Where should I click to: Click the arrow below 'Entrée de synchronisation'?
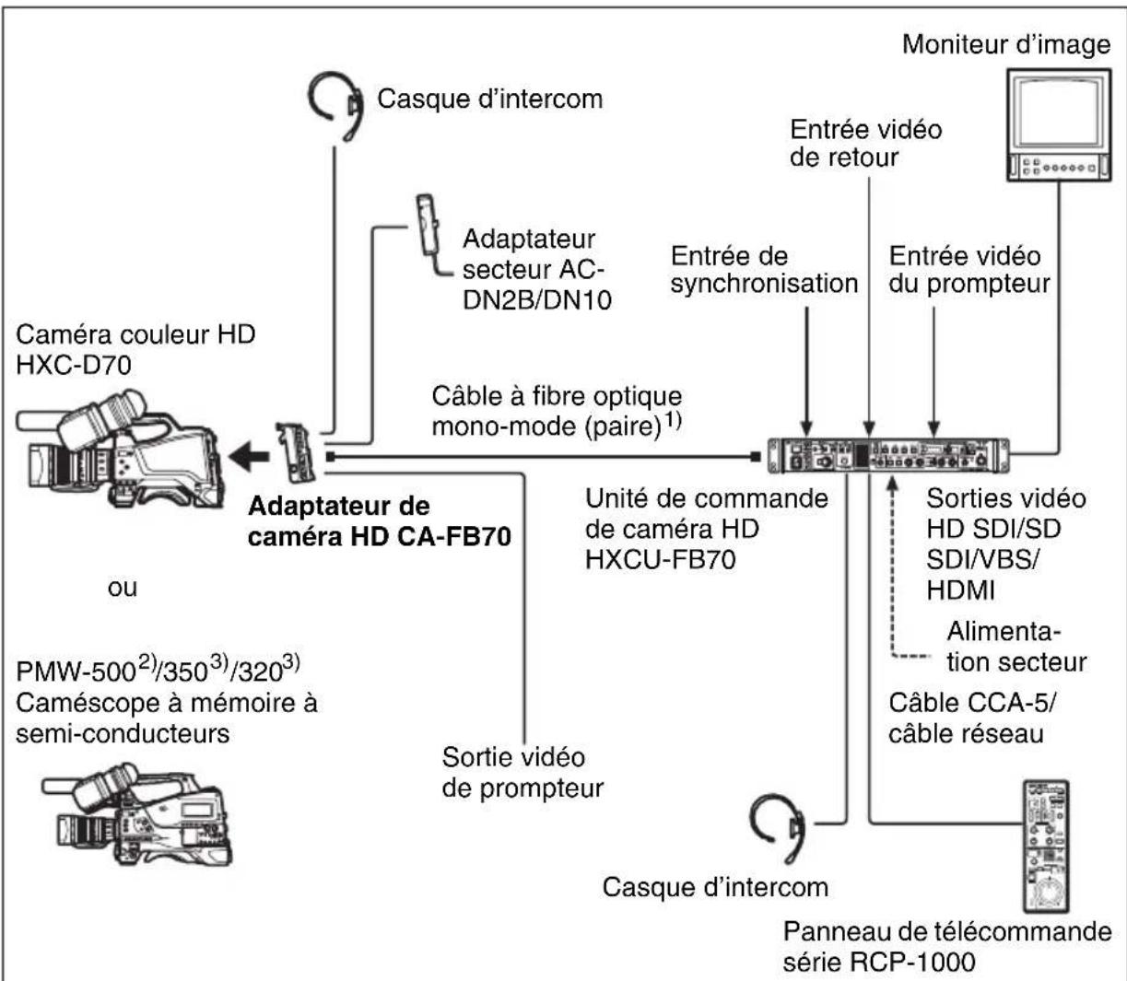click(807, 368)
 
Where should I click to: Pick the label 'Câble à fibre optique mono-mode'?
click(569, 412)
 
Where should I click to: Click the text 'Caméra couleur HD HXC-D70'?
click(135, 349)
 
